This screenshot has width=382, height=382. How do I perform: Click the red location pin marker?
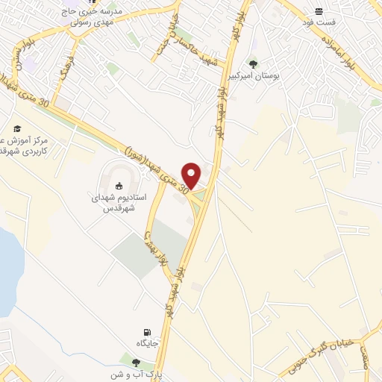click(x=192, y=175)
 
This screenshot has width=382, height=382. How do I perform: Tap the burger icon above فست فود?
click(x=319, y=11)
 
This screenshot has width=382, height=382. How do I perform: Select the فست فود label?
click(x=319, y=22)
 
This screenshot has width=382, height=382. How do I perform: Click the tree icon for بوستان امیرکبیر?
click(x=254, y=64)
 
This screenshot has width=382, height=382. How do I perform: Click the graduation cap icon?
click(x=16, y=128)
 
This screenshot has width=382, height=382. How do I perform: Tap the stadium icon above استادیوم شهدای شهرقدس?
click(x=119, y=186)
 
